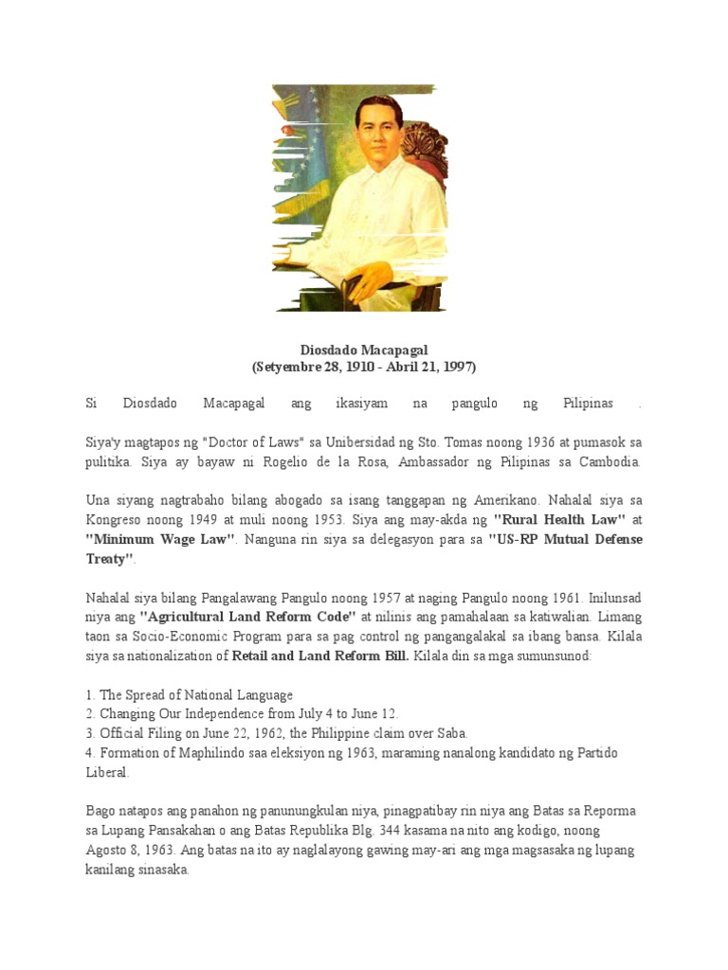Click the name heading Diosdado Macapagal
pos(363,350)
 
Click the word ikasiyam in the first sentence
pos(362,404)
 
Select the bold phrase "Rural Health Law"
pos(558,519)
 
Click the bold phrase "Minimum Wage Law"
pos(160,538)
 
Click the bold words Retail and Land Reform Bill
pos(320,656)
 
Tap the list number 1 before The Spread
pos(89,694)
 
